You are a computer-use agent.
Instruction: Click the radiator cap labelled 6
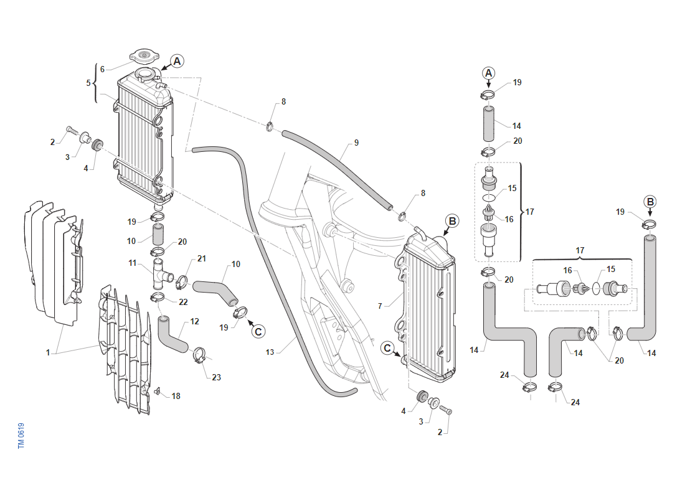click(144, 57)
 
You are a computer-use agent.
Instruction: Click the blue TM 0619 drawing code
click(21, 436)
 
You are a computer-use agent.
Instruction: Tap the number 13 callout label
click(270, 352)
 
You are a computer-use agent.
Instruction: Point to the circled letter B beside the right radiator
click(452, 221)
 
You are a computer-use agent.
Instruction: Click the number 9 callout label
click(356, 143)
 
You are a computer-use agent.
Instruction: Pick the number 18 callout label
click(176, 396)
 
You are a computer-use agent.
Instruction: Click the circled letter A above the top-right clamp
click(488, 73)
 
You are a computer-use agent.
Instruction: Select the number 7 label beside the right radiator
click(380, 306)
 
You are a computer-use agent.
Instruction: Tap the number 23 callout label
click(216, 377)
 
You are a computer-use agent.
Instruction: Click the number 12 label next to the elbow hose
click(194, 321)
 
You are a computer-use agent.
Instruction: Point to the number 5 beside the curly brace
click(88, 83)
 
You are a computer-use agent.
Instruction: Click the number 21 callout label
click(201, 258)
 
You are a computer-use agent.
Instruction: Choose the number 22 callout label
click(183, 302)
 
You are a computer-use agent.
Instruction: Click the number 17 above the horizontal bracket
click(580, 250)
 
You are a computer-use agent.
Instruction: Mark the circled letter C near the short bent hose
click(258, 332)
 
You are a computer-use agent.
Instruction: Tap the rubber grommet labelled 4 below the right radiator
click(422, 396)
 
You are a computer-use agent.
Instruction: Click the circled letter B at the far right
click(650, 202)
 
